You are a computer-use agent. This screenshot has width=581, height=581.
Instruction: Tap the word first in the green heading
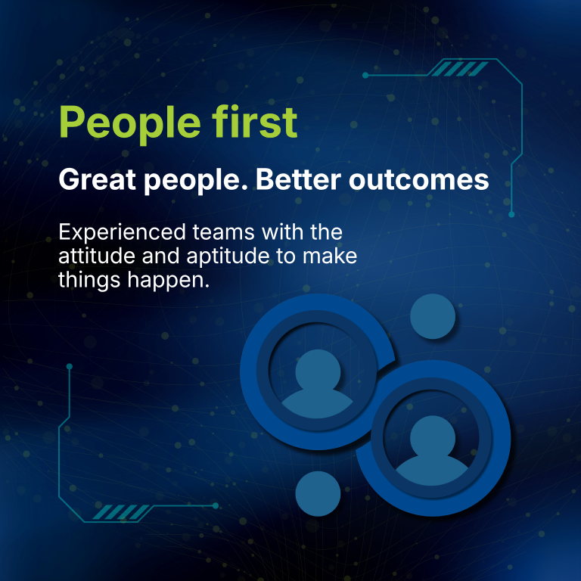pos(254,121)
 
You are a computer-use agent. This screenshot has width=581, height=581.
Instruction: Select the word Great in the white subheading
pos(97,180)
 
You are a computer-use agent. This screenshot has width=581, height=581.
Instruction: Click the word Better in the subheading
pos(298,180)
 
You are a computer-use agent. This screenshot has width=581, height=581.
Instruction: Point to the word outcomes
pos(418,181)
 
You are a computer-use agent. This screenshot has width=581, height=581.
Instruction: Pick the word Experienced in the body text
pos(122,233)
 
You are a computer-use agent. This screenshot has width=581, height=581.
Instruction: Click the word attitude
pos(97,256)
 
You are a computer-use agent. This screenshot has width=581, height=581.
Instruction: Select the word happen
pos(169,281)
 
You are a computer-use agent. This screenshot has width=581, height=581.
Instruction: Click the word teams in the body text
pos(223,233)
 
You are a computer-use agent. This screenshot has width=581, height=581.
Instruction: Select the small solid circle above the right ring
pos(433,316)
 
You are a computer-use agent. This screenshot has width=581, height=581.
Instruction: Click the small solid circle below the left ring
pos(318,493)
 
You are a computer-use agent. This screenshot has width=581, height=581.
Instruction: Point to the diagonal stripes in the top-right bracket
pos(460,69)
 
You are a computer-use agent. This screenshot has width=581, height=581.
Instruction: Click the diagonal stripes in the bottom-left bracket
pos(121,512)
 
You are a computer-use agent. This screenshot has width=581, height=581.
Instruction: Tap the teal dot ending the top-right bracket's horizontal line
pos(365,76)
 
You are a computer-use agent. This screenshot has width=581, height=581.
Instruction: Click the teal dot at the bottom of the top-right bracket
pos(511,215)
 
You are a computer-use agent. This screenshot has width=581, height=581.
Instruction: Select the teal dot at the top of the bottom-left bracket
pos(70,367)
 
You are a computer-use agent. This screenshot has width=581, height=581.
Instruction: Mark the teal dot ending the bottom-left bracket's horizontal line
pos(216,506)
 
